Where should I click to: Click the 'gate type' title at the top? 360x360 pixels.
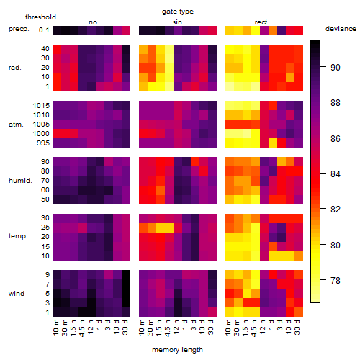(x=178, y=12)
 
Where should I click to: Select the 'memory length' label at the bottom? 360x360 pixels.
(x=177, y=350)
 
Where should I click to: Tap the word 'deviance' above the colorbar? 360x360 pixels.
(x=341, y=29)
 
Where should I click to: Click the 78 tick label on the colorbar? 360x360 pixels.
(x=336, y=280)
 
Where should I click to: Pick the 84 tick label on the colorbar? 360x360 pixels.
(x=336, y=174)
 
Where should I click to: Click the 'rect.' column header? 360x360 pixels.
(x=262, y=22)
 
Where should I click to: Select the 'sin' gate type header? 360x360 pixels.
(x=177, y=22)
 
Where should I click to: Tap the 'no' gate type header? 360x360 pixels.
(x=93, y=22)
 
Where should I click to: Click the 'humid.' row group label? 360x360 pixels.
(x=20, y=181)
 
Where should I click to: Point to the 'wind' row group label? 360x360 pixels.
(x=17, y=294)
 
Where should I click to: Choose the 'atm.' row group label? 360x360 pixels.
(x=16, y=125)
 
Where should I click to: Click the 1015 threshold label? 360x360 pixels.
(x=41, y=105)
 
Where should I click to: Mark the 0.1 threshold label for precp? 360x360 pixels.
(x=44, y=30)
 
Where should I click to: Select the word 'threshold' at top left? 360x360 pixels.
(x=40, y=17)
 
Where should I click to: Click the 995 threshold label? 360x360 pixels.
(x=43, y=143)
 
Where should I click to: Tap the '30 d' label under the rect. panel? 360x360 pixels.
(x=297, y=328)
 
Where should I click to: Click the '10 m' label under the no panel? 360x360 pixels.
(x=56, y=328)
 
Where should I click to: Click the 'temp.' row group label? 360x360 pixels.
(x=18, y=236)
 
